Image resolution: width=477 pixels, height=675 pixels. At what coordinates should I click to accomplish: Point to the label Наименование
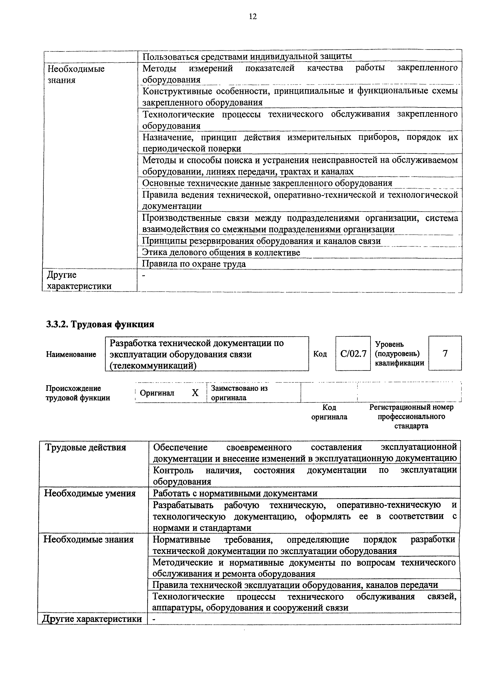pos(71,354)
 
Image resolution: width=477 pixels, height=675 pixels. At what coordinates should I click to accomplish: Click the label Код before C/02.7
pos(320,354)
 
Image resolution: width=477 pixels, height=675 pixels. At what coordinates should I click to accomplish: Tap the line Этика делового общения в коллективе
pos(221,252)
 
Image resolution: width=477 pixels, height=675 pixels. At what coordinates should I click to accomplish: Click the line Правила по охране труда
pos(194,264)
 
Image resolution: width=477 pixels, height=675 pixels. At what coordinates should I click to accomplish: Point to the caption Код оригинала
pos(329,412)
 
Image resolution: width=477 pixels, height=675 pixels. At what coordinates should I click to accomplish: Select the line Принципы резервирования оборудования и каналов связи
pos(261,241)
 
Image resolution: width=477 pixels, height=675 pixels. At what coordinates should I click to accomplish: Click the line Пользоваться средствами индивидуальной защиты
pos(247,56)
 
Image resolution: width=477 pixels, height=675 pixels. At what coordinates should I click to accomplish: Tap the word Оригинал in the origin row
pos(157,393)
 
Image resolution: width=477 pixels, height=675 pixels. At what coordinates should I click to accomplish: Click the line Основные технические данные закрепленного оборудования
pos(267,183)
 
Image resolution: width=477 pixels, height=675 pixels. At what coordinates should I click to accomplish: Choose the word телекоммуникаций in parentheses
pos(153,366)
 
